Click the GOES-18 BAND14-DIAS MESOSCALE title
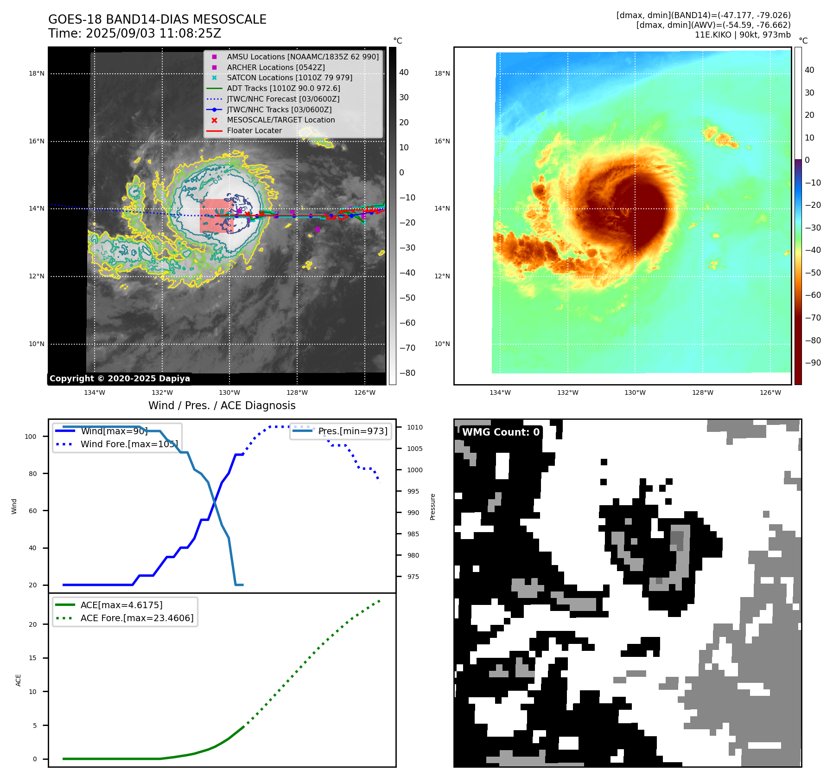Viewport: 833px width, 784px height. (157, 19)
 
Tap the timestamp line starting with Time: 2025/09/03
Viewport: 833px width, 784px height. (134, 33)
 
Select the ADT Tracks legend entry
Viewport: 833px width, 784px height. (283, 88)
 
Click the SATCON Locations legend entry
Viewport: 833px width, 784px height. (289, 77)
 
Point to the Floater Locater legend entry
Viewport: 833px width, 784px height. (254, 130)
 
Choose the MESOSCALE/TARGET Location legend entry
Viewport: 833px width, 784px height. (280, 120)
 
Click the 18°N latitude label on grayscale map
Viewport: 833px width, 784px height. (37, 73)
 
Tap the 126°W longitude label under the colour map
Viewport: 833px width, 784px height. (770, 392)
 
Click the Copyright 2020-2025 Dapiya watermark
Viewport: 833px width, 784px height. (120, 379)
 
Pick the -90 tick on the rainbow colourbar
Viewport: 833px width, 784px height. (813, 363)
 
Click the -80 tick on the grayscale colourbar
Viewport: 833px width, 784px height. (407, 373)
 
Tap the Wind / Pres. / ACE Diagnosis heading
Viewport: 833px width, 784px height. (222, 405)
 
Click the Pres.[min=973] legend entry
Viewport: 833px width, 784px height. (352, 431)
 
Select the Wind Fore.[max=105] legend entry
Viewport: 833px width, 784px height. (129, 444)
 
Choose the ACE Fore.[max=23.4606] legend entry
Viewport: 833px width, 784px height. (137, 618)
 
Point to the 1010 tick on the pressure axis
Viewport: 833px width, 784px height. (415, 427)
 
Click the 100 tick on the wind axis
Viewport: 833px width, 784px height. (31, 437)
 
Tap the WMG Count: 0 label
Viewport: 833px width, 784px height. (501, 432)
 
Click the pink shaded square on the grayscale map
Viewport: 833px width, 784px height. (216, 216)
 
